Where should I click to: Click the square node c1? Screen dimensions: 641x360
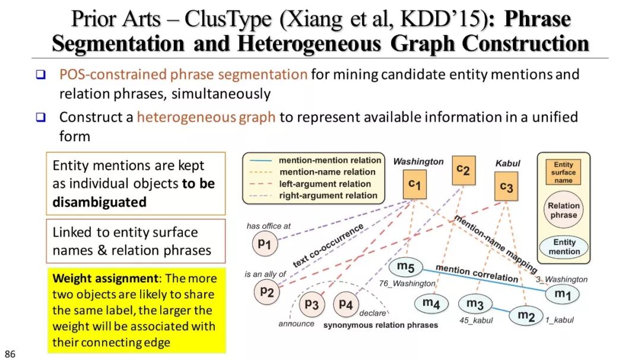coord(414,185)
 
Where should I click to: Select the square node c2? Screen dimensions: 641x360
coord(464,170)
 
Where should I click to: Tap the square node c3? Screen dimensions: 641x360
coord(506,186)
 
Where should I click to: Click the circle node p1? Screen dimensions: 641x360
coord(264,243)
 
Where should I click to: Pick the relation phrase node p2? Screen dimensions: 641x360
coord(266,291)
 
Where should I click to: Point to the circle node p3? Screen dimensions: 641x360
coord(312,305)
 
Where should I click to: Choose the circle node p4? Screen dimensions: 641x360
coord(345,305)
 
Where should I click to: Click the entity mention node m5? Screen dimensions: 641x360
coord(406,267)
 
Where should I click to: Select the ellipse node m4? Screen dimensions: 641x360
coord(431,303)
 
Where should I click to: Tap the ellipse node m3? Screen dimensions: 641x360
coord(475,304)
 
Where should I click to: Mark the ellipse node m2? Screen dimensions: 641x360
coord(526,316)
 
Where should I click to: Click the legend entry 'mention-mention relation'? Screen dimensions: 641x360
coord(330,160)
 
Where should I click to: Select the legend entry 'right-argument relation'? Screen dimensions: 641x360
coord(328,195)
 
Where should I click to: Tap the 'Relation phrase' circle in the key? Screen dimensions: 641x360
coord(563,211)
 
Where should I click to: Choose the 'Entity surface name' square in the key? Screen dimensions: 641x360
coord(563,172)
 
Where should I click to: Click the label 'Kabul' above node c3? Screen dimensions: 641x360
coord(507,163)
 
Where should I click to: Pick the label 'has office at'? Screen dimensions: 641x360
coord(268,226)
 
